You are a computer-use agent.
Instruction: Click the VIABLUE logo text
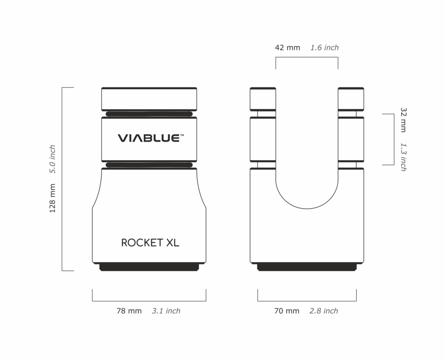[x=148, y=138]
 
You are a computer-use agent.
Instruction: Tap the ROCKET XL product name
[x=150, y=243]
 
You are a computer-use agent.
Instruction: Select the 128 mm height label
[x=53, y=198]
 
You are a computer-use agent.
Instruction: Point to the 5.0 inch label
[x=53, y=159]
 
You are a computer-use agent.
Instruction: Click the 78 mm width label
[x=129, y=311]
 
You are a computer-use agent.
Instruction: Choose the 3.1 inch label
[x=166, y=311]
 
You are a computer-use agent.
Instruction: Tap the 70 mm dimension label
[x=287, y=311]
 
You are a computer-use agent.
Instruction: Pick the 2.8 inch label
[x=324, y=311]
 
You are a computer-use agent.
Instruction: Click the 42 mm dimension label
[x=288, y=47]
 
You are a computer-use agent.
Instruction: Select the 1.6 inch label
[x=325, y=47]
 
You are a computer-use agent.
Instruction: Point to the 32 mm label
[x=403, y=120]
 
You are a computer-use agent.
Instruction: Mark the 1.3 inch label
[x=403, y=157]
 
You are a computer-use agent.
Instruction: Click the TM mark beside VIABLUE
[x=182, y=135]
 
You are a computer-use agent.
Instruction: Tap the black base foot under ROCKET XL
[x=149, y=267]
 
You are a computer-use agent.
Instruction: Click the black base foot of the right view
[x=307, y=267]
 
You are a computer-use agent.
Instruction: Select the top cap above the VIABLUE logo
[x=149, y=99]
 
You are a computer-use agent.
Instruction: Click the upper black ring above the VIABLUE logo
[x=149, y=114]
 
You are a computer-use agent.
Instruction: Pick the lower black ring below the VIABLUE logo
[x=149, y=165]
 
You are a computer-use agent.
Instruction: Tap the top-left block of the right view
[x=262, y=99]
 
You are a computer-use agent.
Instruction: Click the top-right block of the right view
[x=351, y=99]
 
